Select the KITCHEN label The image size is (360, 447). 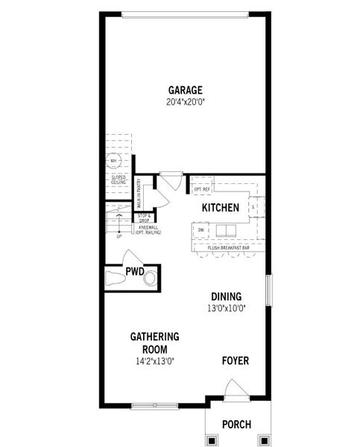coord(220,208)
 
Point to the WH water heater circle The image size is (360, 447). coord(113,161)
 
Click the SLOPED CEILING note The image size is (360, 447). coord(119,180)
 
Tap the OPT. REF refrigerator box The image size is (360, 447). coord(202,189)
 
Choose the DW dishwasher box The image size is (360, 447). coord(201,230)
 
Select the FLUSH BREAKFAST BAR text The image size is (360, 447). coord(229,246)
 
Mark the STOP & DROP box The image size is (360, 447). coord(144,217)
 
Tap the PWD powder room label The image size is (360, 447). coord(135,270)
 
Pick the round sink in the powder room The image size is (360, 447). coord(150,279)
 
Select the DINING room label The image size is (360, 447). coord(226,296)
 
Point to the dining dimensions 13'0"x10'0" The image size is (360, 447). coord(226,308)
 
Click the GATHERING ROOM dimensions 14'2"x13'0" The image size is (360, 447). coord(154,361)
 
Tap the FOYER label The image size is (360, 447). coord(236,361)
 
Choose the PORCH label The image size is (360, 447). coord(236,425)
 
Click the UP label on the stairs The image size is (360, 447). coord(119,237)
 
